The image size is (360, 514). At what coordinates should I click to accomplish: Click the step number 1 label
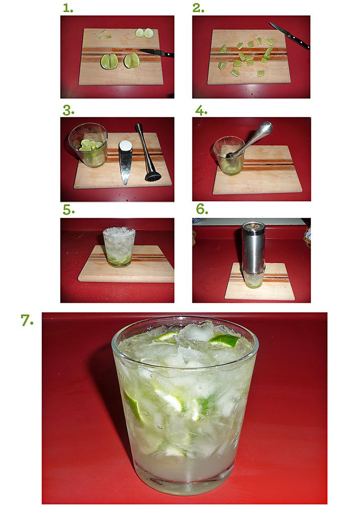point(68,8)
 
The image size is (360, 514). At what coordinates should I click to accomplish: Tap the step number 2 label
point(198,8)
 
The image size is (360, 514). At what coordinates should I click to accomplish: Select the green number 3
point(68,110)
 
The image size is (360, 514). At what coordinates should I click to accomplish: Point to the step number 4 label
point(201,110)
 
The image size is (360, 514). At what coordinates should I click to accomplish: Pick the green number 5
point(68,209)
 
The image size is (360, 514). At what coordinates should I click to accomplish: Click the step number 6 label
point(202,209)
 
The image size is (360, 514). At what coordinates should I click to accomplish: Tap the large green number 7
point(27,320)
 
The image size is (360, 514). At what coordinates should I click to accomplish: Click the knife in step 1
point(156,52)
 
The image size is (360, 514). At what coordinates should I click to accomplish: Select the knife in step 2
point(289,36)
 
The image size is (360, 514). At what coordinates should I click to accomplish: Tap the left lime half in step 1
point(109,61)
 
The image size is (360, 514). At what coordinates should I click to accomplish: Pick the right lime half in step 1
point(132,61)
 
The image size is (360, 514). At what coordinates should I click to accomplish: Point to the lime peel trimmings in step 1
point(103,35)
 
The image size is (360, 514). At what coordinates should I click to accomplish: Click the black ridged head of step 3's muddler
point(153,177)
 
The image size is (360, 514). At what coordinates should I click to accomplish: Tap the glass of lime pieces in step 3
point(88,145)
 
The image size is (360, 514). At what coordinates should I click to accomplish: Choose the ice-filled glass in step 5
point(119,247)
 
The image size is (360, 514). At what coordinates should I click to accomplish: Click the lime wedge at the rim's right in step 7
point(224,341)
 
